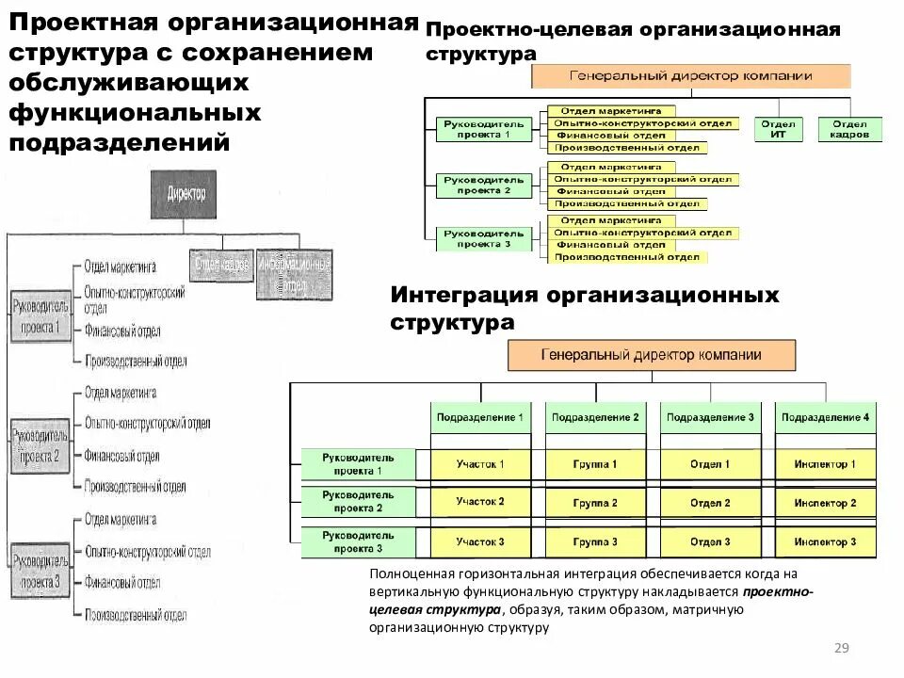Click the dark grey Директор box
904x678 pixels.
(186, 195)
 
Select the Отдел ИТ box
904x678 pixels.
(779, 129)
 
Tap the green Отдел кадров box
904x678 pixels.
(849, 129)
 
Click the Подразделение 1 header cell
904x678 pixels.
(480, 417)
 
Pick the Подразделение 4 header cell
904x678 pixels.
(825, 417)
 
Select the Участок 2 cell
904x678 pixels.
(480, 503)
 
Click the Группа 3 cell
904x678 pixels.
(595, 542)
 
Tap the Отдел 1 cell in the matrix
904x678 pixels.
(710, 464)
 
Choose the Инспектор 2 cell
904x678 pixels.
(825, 503)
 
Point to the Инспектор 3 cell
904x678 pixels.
(825, 542)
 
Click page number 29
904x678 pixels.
(842, 648)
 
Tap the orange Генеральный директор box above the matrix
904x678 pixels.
(652, 356)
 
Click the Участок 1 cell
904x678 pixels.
(480, 464)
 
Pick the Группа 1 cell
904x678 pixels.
(595, 464)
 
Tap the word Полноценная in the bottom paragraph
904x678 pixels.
(412, 573)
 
